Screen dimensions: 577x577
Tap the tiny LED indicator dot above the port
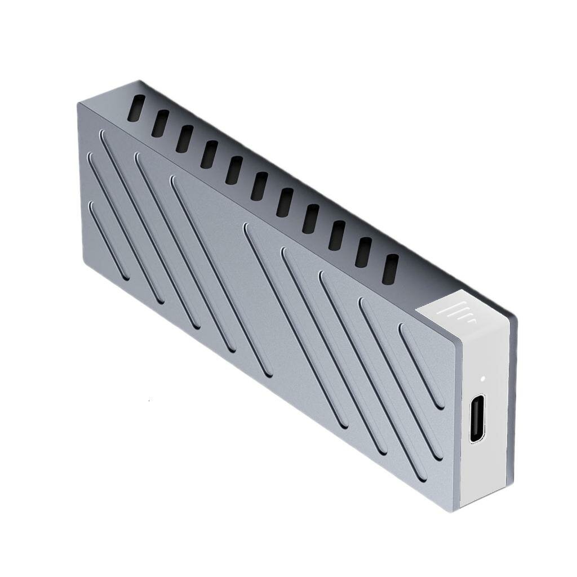pos(483,378)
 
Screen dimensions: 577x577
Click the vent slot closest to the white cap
pos(390,269)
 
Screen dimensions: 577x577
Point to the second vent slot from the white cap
pos(363,252)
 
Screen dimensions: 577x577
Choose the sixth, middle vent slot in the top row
pos(259,187)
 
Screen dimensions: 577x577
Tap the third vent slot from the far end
pos(184,139)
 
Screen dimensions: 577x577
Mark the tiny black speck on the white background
pos(148,400)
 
